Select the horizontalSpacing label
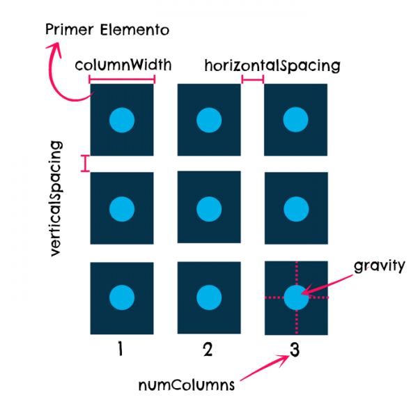tap(272, 66)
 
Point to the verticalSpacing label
tap(56, 200)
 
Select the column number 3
tap(294, 350)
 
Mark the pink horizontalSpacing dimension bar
tap(252, 79)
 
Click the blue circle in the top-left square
tap(122, 120)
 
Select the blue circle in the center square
tap(208, 208)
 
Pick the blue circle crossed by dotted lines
tap(295, 297)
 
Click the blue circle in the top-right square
tap(295, 120)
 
